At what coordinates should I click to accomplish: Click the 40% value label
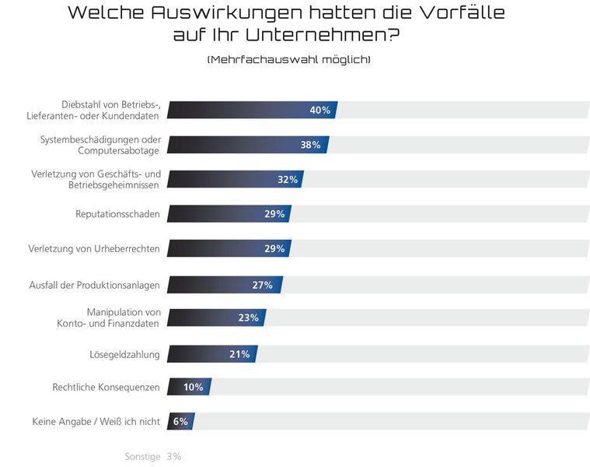[319, 111]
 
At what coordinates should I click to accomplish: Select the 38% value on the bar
[310, 145]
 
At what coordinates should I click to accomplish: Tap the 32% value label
[288, 180]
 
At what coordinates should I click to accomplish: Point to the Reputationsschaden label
[117, 214]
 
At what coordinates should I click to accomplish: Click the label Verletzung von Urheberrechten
[94, 249]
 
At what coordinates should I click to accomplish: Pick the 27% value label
[262, 285]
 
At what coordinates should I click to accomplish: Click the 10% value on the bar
[193, 387]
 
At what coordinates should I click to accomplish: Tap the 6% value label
[180, 422]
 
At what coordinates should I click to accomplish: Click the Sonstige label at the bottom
[142, 457]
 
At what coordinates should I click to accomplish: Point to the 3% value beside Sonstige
[174, 457]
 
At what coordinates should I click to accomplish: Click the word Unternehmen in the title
[333, 35]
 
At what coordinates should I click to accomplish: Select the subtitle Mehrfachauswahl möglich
[288, 60]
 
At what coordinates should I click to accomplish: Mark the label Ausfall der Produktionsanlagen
[94, 285]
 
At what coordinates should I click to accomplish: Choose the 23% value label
[248, 318]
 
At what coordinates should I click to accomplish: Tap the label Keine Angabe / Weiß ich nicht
[96, 422]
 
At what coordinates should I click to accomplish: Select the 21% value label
[239, 355]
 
